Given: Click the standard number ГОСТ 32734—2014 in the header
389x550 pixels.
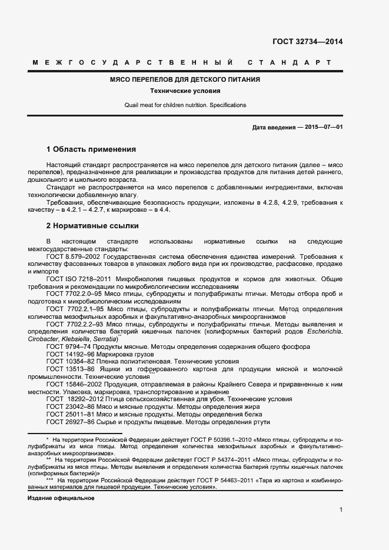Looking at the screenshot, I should coord(307,42).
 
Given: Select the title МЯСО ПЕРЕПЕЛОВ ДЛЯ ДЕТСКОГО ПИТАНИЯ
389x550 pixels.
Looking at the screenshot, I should coord(185,79).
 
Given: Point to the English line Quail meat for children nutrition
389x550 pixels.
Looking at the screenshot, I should coord(185,105).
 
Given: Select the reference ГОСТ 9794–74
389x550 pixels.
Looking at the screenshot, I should coord(67,347).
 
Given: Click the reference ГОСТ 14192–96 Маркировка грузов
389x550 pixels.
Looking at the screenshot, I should coord(100,355).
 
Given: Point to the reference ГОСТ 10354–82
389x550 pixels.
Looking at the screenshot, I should coord(69,362).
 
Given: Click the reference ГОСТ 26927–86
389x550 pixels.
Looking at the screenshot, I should coord(69,421).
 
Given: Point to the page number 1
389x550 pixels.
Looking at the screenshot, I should coord(341,510).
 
